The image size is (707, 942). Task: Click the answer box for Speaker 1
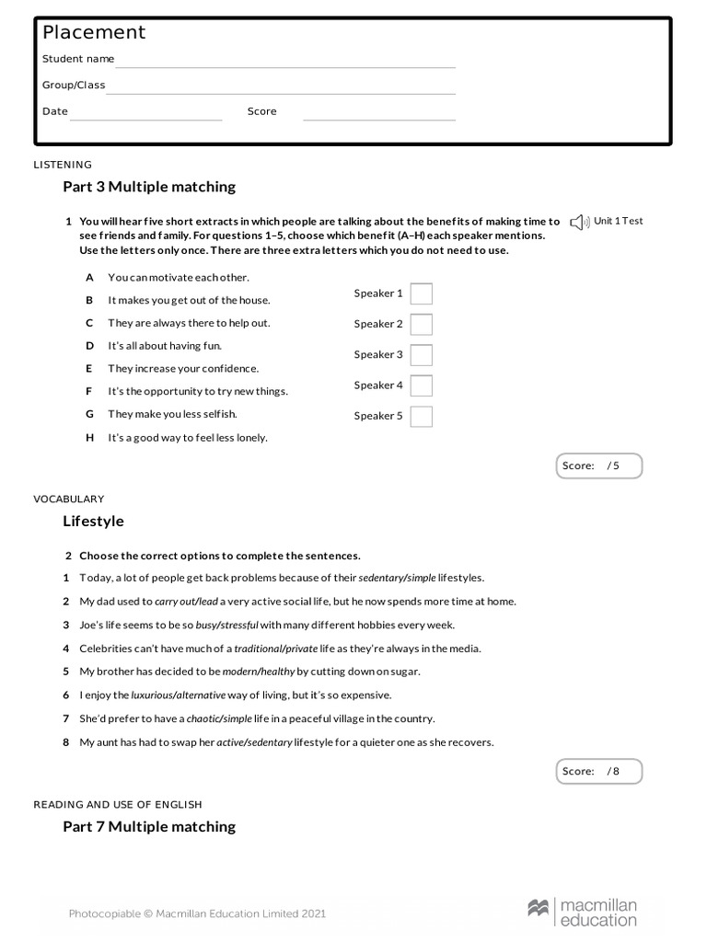421,293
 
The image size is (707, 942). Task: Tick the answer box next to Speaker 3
421,355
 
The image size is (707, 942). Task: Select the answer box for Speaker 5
421,416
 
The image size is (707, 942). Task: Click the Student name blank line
284,61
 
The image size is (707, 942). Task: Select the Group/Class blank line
280,86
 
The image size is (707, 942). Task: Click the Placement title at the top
94,33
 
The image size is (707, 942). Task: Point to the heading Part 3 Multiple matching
149,187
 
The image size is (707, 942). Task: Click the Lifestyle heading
93,521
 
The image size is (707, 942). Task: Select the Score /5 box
598,465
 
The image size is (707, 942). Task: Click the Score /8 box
598,771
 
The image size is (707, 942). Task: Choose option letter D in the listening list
90,346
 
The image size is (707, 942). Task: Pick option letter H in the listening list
90,438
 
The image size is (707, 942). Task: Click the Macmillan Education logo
582,913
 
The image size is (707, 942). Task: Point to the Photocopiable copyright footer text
197,913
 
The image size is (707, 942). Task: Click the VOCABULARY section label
69,499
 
